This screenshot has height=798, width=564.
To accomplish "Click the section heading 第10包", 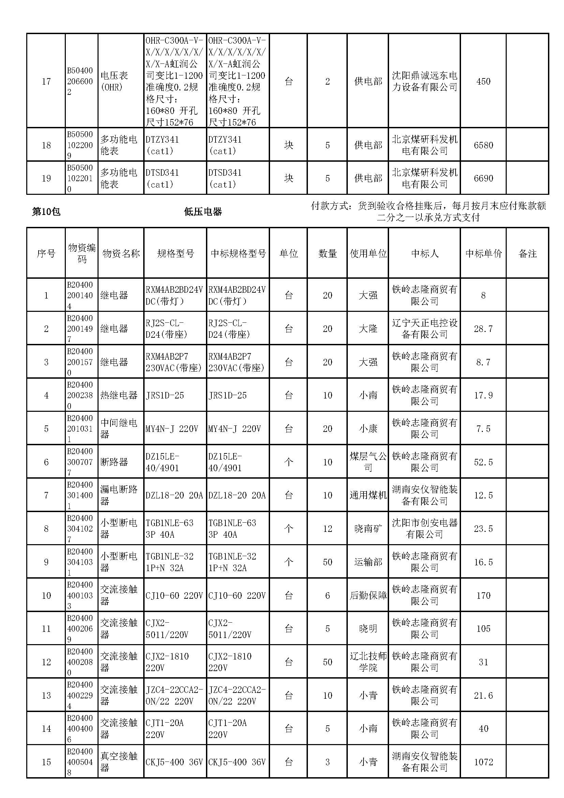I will coord(46,212).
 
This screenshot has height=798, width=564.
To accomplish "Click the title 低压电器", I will coord(203,212).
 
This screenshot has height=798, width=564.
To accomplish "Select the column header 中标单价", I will coord(483,253).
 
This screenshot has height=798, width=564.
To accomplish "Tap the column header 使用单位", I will coord(368,253).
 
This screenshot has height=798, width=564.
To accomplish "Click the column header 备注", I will coord(527,253).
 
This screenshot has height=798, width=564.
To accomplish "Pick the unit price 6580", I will coord(483,145).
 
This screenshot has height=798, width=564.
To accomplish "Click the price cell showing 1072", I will coord(483,762).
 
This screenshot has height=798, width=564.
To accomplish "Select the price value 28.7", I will coord(483,329).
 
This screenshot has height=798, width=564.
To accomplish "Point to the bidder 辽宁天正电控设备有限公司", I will coord(425,329).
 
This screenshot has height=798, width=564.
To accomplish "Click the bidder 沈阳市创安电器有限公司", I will coord(425,528).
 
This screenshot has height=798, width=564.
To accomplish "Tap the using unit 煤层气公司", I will coord(368,462).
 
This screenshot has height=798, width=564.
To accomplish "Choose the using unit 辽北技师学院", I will coord(368,662).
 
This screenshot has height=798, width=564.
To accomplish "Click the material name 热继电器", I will coord(119,395).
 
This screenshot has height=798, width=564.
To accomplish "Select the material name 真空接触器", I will coord(119,762).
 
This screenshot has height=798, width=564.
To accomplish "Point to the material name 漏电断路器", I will coord(119,495).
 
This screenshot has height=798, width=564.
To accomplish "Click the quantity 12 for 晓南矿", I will coord(327,528).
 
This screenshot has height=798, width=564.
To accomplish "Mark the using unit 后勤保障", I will coord(368,595).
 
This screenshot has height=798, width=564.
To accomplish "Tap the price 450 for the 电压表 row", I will coord(483,81).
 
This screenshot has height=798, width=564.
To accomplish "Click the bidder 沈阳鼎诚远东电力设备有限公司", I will coord(425,81).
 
